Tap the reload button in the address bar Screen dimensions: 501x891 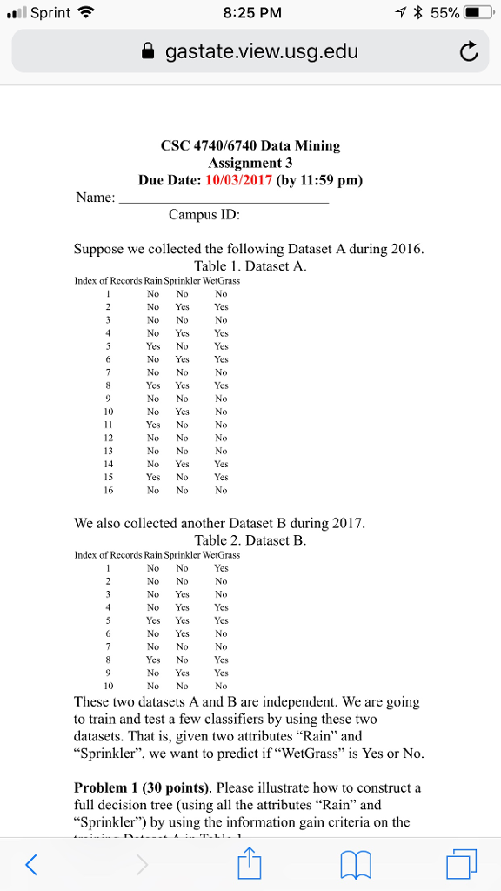[x=468, y=53]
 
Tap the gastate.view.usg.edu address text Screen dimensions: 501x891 [x=261, y=53]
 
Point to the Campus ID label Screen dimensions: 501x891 [x=204, y=214]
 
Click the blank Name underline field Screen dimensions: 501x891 [x=224, y=198]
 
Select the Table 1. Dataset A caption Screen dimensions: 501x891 [x=250, y=266]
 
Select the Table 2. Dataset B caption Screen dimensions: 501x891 [x=250, y=540]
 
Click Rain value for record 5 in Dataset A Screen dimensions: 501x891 [x=153, y=345]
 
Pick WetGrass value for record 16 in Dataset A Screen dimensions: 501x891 [x=221, y=490]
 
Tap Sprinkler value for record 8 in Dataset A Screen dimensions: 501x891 [x=182, y=385]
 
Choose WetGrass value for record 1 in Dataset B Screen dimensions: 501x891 [x=221, y=568]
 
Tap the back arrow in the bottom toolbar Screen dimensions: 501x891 [x=31, y=864]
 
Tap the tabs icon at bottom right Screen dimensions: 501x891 [x=460, y=864]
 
